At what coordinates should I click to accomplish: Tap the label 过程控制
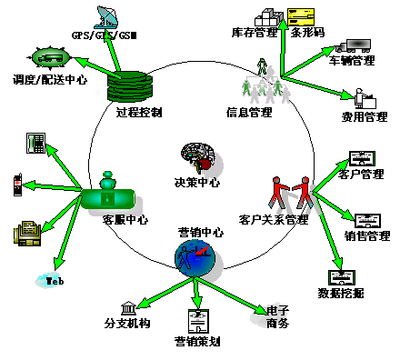pyautogui.click(x=139, y=114)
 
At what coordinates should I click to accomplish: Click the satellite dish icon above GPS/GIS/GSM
pyautogui.click(x=105, y=17)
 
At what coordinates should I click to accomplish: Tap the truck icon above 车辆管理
pyautogui.click(x=352, y=45)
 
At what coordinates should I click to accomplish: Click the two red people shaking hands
pyautogui.click(x=290, y=193)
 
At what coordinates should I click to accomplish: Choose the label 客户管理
pyautogui.click(x=361, y=175)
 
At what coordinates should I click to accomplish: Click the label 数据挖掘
pyautogui.click(x=343, y=294)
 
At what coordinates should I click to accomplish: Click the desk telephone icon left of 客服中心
pyautogui.click(x=36, y=142)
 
